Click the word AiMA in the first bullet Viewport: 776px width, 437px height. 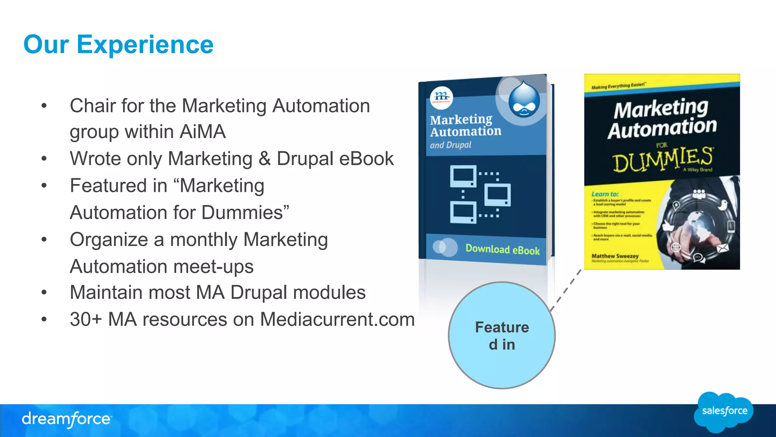coord(202,132)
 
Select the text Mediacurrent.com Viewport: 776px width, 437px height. coord(337,319)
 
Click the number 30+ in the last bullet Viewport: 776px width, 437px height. coord(86,319)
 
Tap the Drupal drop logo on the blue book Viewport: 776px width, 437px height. coord(524,99)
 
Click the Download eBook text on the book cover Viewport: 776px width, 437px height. coord(502,250)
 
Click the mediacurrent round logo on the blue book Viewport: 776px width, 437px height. coord(441,97)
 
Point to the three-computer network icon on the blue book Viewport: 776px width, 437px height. coord(480,194)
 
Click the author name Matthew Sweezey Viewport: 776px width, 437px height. coord(615,256)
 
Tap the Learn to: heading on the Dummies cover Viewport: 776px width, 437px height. coord(605,194)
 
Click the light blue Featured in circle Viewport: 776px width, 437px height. coord(502,335)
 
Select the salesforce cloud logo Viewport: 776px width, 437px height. coord(724,412)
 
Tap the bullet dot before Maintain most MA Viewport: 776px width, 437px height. coord(44,292)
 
